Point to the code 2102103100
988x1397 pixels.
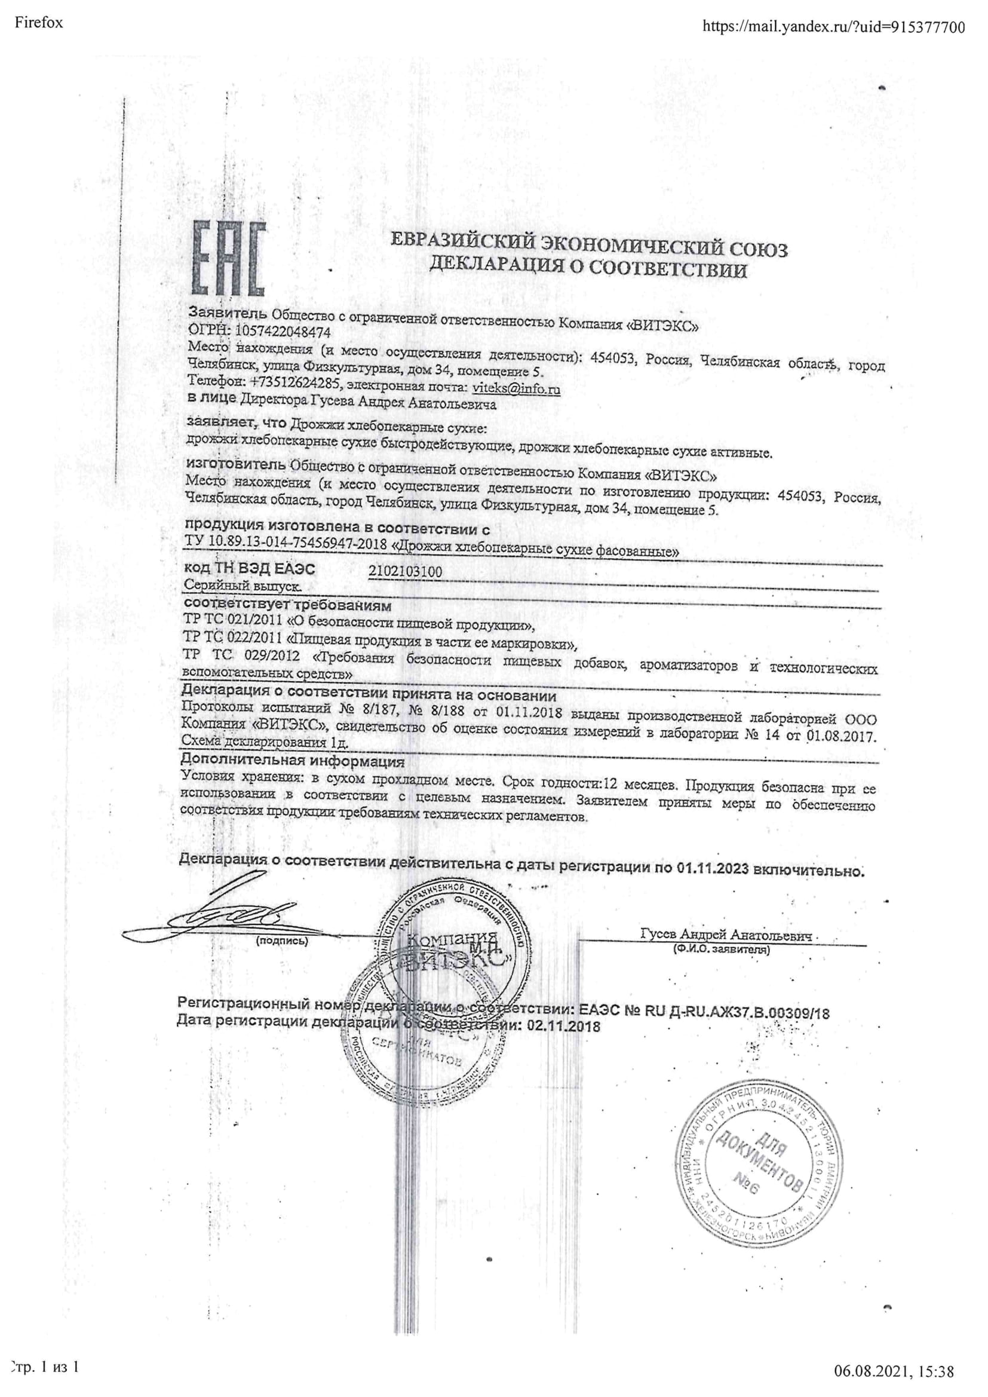[406, 571]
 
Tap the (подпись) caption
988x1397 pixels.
[283, 940]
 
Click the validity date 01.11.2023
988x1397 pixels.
[712, 869]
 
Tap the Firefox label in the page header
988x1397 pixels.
[38, 23]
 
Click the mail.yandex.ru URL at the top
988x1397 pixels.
[833, 26]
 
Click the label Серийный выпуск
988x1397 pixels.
[242, 587]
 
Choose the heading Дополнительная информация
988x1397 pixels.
[293, 761]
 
